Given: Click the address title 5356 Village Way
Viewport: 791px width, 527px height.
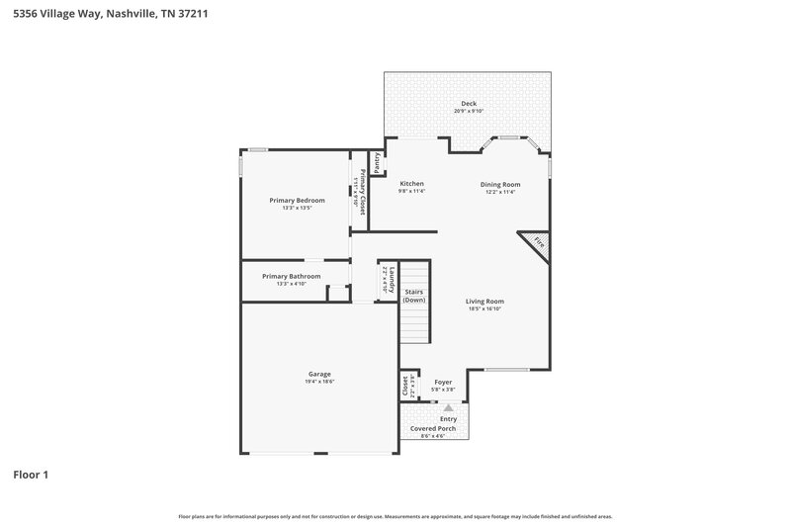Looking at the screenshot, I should click(110, 16).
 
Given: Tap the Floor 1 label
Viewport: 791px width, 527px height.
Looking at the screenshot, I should click(31, 475).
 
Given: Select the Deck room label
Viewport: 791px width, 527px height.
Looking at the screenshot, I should click(468, 104).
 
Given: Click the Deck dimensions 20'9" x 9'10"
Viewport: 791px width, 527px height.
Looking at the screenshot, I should click(468, 112).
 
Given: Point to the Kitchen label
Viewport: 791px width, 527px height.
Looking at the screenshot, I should click(411, 184).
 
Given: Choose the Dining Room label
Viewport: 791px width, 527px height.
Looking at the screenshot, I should click(500, 184).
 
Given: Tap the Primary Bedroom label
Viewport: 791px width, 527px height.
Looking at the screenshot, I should click(297, 200).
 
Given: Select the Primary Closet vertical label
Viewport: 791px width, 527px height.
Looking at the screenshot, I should click(363, 193).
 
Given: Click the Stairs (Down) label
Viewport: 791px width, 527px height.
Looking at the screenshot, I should click(414, 296).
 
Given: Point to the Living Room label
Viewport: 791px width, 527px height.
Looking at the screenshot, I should click(485, 301).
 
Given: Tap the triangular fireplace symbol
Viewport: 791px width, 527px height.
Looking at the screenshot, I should click(537, 243).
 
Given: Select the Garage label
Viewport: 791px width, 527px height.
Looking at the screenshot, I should click(319, 374).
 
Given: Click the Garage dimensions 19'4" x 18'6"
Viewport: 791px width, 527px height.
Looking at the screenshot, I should click(319, 382).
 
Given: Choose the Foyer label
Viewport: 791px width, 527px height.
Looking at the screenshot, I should click(443, 382).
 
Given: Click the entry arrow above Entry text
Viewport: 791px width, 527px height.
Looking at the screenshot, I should click(448, 406).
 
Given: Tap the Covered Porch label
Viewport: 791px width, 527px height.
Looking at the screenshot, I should click(434, 428).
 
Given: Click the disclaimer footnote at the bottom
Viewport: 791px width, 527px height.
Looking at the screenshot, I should click(395, 516).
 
